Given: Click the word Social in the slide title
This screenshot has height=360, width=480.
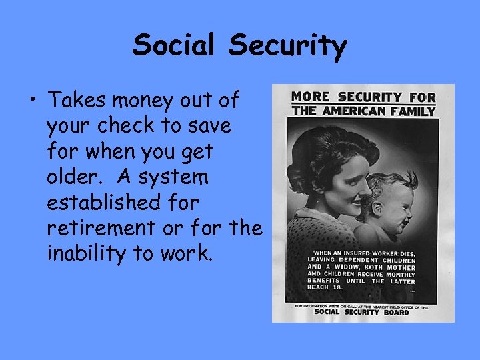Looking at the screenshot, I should point(175,46).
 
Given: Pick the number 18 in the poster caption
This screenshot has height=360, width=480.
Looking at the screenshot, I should point(337,287).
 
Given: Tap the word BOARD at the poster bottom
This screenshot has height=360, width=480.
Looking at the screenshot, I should point(396,312).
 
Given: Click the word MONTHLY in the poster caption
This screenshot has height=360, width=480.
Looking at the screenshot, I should point(399,274).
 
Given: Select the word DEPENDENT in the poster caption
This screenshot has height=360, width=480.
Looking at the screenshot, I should point(360,259).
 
